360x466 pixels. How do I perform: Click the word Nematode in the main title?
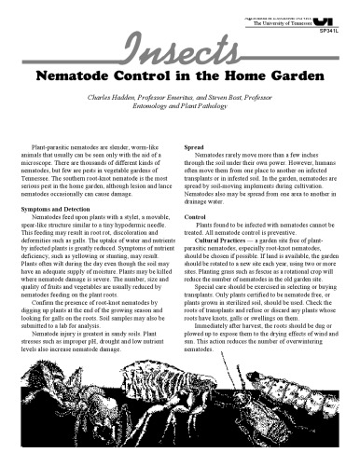coord(89,74)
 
